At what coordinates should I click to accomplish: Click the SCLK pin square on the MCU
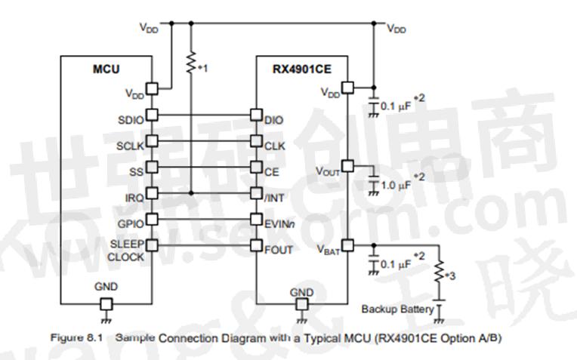[151, 141]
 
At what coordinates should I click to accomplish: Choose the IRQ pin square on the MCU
[151, 192]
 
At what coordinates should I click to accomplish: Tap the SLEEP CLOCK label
[125, 251]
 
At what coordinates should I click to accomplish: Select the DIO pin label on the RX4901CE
[273, 118]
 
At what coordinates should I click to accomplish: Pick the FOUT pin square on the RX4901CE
[256, 246]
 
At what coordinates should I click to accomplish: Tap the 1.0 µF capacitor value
[395, 183]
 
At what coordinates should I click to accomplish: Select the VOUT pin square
[347, 165]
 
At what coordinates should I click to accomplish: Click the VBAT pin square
[347, 245]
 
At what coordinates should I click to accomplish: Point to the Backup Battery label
[397, 309]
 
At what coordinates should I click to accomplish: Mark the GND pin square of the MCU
[106, 303]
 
